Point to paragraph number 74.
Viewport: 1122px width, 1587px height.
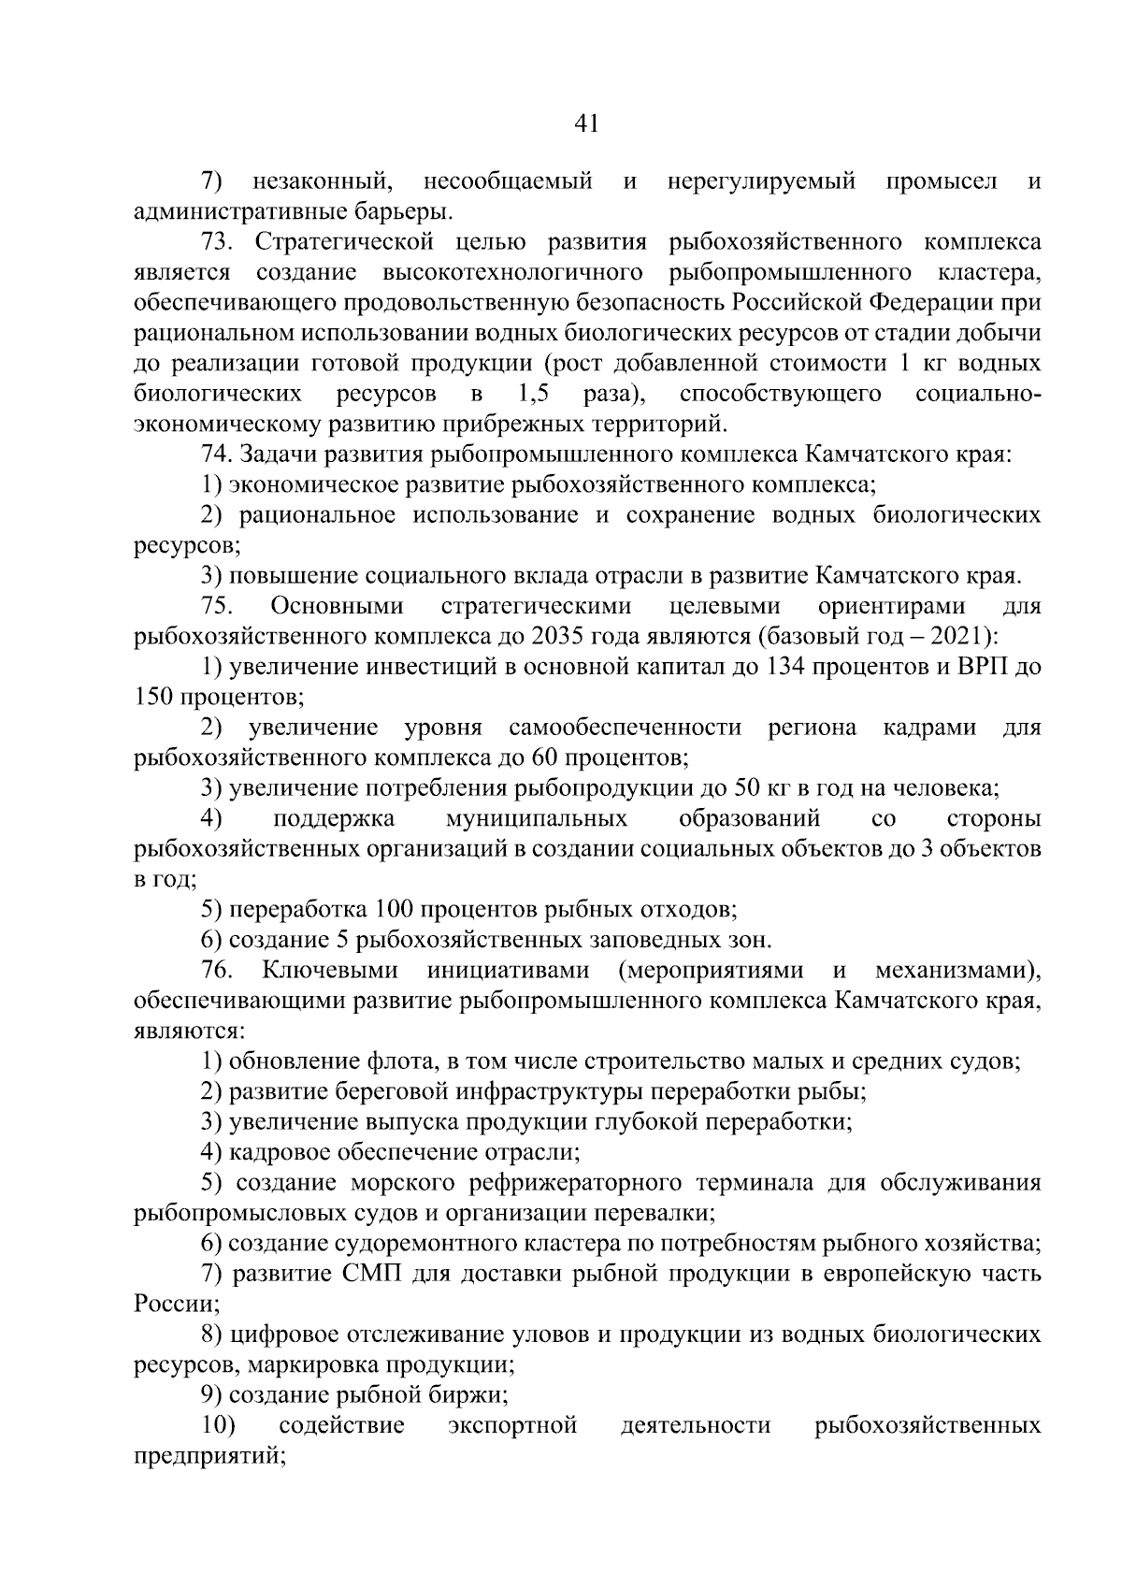tap(218, 454)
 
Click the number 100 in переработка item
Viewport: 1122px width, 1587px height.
tap(393, 909)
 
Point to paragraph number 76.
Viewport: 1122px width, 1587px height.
tap(218, 970)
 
